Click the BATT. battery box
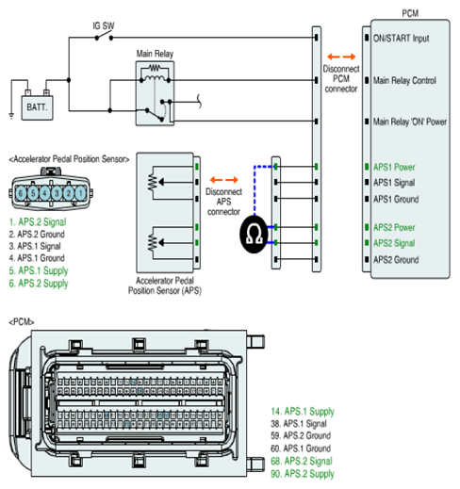(x=37, y=107)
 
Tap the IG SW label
(x=104, y=25)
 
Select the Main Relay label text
(x=155, y=54)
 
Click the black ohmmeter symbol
(x=254, y=235)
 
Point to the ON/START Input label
(x=401, y=39)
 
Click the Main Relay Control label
(x=404, y=81)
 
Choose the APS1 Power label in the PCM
(x=394, y=167)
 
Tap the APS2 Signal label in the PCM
(x=394, y=243)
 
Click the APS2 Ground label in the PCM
(x=396, y=260)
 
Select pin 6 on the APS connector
(x=21, y=193)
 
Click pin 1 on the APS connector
(x=80, y=193)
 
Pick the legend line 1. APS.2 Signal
(x=38, y=222)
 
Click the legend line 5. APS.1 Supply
(x=39, y=270)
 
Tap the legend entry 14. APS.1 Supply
(x=303, y=412)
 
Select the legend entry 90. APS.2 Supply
(x=303, y=474)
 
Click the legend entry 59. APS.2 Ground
(x=301, y=435)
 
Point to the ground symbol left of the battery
(x=11, y=116)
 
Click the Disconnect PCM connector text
(x=341, y=79)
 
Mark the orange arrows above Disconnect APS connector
(x=223, y=180)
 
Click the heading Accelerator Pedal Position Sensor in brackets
(x=69, y=159)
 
